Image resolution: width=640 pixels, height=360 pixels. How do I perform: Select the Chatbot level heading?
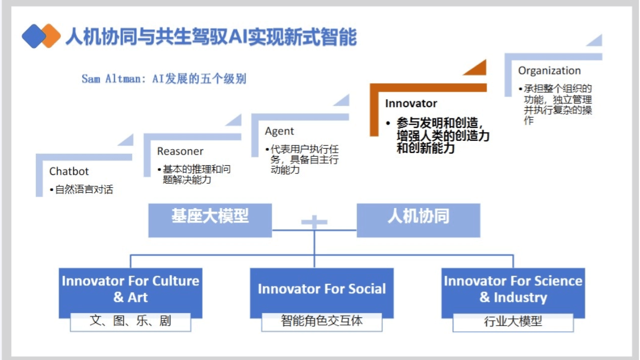tap(69, 171)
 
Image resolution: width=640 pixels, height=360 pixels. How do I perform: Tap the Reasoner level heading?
tap(180, 151)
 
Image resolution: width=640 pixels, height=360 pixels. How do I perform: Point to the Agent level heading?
tap(279, 131)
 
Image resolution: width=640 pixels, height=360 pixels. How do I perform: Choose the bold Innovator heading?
tap(411, 103)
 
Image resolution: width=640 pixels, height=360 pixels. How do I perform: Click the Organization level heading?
tap(549, 70)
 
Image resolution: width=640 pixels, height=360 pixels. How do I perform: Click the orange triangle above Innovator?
tap(476, 68)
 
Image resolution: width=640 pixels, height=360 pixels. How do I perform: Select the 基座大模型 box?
tap(210, 217)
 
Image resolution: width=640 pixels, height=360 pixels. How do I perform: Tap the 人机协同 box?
tap(418, 217)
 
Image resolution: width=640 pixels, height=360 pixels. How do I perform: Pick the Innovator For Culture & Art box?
tap(131, 289)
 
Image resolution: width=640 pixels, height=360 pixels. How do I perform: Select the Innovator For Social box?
tap(322, 289)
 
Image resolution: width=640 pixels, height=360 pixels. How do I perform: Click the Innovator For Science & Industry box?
tap(513, 289)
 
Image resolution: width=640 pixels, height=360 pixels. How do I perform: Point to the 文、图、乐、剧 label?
tap(131, 321)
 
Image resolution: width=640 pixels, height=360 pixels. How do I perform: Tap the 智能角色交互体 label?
tap(322, 321)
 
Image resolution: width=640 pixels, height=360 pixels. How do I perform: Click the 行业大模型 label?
tap(513, 322)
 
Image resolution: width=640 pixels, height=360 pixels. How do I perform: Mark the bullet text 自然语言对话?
tap(84, 189)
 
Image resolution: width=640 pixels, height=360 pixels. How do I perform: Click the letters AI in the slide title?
tap(241, 37)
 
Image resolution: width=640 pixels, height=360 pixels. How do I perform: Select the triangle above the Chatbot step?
tap(126, 140)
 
